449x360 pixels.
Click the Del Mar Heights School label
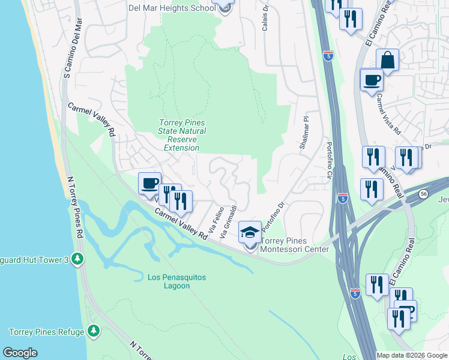click(171, 8)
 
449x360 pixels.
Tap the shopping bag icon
click(388, 60)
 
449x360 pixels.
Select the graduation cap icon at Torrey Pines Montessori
click(250, 232)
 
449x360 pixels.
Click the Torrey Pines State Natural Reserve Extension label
click(182, 131)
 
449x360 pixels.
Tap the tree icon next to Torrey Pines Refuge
click(93, 331)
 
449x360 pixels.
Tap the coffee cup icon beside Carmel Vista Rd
click(372, 80)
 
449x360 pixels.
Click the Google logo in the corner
click(20, 353)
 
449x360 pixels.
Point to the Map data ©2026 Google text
click(411, 355)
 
